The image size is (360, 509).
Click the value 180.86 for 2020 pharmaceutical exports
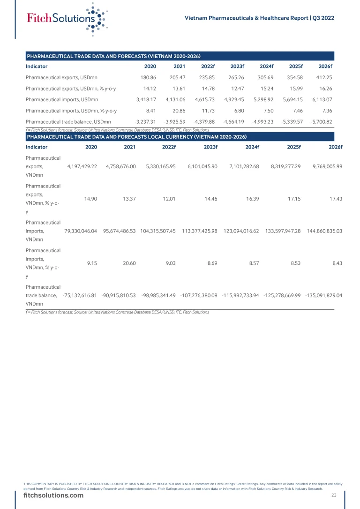click(148, 77)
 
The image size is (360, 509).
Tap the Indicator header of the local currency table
click(37, 147)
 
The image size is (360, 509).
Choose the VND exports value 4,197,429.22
click(82, 166)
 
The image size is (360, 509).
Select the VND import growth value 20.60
click(129, 263)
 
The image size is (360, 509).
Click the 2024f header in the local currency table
click(252, 147)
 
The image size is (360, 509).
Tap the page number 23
click(334, 495)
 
